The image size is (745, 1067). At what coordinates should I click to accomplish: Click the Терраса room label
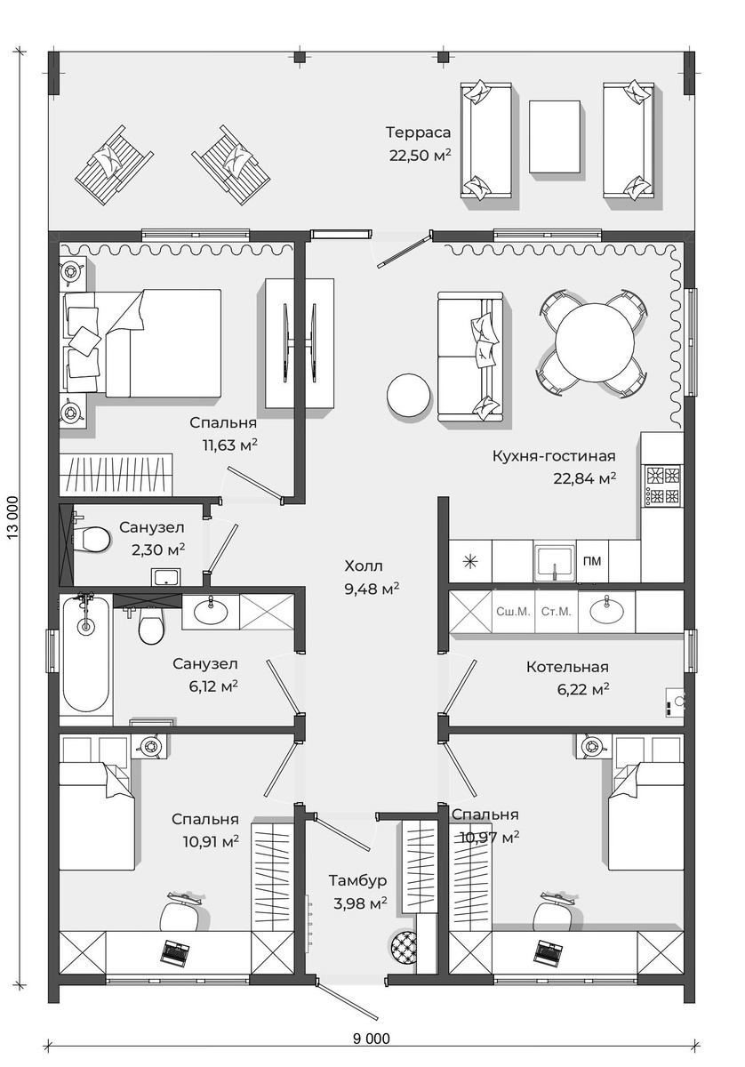pyautogui.click(x=418, y=132)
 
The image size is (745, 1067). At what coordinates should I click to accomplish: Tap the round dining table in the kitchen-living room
pyautogui.click(x=595, y=343)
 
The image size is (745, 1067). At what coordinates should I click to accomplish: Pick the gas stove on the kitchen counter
pyautogui.click(x=662, y=485)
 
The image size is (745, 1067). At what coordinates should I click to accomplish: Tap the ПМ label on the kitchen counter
pyautogui.click(x=592, y=561)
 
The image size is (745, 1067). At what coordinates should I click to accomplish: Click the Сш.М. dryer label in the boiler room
pyautogui.click(x=513, y=612)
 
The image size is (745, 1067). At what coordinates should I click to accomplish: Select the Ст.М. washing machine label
pyautogui.click(x=556, y=612)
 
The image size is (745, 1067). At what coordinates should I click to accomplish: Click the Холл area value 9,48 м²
pyautogui.click(x=372, y=589)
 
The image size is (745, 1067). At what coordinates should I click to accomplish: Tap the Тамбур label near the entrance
pyautogui.click(x=357, y=880)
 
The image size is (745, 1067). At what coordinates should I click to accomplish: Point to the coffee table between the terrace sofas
pyautogui.click(x=555, y=137)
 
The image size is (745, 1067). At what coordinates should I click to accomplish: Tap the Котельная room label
pyautogui.click(x=567, y=667)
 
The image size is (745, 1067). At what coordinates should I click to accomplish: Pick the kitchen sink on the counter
pyautogui.click(x=555, y=561)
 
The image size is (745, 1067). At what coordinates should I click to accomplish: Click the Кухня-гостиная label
pyautogui.click(x=554, y=456)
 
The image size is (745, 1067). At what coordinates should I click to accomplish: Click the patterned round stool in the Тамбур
pyautogui.click(x=404, y=946)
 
